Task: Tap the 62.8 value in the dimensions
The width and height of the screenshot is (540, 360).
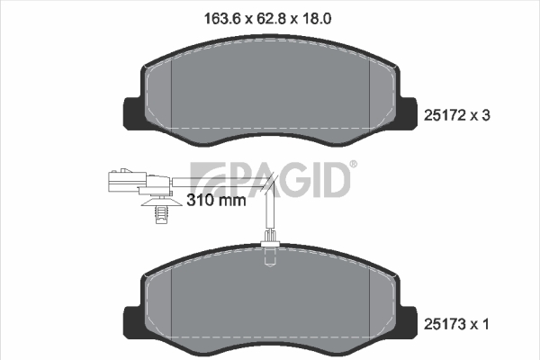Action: pyautogui.click(x=272, y=19)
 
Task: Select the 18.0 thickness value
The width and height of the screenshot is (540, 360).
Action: pyautogui.click(x=317, y=19)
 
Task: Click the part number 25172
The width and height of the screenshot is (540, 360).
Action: pyautogui.click(x=445, y=115)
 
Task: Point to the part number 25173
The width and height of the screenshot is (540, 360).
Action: pyautogui.click(x=445, y=324)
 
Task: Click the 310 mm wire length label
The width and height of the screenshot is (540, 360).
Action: pyautogui.click(x=216, y=200)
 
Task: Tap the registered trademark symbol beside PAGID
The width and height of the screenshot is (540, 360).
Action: pyautogui.click(x=354, y=164)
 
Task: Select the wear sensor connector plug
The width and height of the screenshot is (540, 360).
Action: pyautogui.click(x=139, y=181)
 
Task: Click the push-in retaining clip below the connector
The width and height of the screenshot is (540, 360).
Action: pyautogui.click(x=161, y=210)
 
